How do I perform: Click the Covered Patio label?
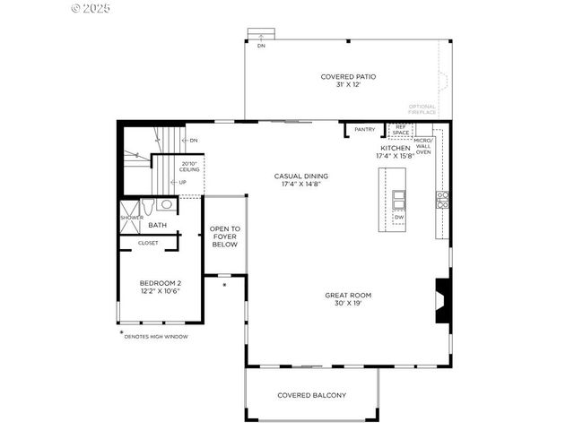point(348,77)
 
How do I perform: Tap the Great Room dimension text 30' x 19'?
point(348,303)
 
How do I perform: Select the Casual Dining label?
point(300,176)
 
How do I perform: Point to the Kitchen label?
point(395,148)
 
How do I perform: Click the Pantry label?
point(364,130)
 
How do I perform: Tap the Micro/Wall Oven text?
point(423,146)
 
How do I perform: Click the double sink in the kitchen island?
point(397,198)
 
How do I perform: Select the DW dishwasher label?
point(397,217)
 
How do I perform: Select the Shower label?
point(131,218)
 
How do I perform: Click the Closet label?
point(148,242)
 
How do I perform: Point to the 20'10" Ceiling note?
point(189,167)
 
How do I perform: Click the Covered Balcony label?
point(311,395)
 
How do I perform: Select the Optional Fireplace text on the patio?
point(422,109)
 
